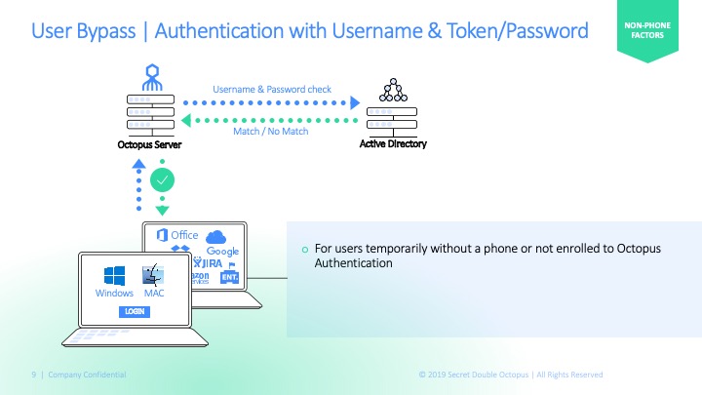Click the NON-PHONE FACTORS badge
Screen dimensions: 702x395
645,32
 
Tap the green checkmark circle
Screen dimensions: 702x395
163,179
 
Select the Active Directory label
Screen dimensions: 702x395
394,145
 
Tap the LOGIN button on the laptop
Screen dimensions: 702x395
134,311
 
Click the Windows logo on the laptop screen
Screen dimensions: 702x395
114,275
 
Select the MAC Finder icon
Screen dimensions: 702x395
153,275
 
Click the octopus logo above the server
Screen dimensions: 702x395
150,75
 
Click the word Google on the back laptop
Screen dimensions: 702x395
222,252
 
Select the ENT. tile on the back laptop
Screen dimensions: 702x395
230,278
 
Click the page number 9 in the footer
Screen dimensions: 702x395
34,375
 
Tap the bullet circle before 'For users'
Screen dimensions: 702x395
303,250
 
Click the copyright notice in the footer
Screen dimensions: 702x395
510,375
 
